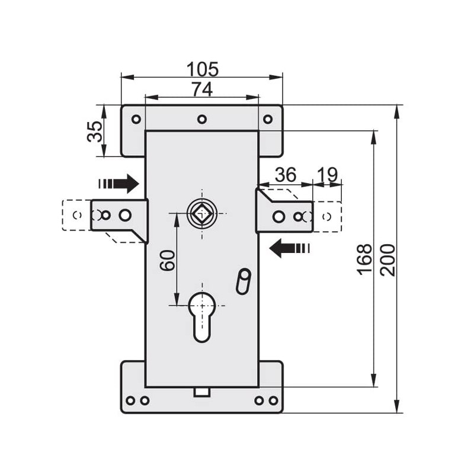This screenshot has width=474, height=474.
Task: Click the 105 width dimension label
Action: pos(202,69)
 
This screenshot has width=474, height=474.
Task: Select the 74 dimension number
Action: pos(202,89)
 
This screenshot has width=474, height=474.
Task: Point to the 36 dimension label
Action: pos(286,175)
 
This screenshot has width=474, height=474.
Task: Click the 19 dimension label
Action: pos(327,175)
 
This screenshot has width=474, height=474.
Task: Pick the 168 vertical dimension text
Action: pos(364,258)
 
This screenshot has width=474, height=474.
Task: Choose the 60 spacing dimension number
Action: pos(168,260)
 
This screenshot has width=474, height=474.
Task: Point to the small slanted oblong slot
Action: pos(243,281)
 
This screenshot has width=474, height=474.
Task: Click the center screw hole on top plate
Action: pos(202,119)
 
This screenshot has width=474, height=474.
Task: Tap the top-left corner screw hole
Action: pos(136,119)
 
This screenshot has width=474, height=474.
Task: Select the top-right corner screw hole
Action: pos(268,119)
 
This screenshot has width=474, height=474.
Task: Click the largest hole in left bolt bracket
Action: pos(125,214)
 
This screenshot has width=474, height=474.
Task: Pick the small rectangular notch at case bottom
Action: pos(202,391)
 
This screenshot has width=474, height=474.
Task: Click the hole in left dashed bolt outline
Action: pos(77,214)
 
